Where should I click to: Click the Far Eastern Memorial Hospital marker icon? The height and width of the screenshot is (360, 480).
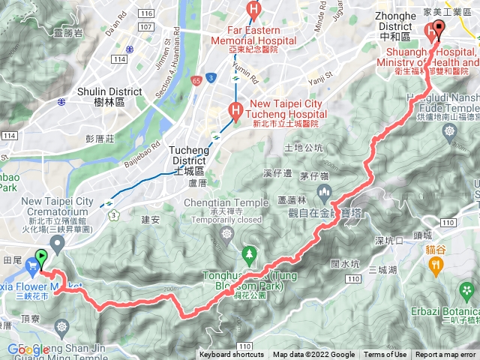coord(254,10)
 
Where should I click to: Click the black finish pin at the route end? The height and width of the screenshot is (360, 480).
coord(438,29)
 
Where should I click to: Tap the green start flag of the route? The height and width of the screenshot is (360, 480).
coord(40,260)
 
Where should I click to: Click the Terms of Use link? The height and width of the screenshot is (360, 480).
coord(385,355)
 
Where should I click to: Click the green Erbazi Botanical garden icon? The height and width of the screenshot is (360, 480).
coord(469,290)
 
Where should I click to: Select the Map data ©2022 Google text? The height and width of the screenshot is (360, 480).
coord(314,355)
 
